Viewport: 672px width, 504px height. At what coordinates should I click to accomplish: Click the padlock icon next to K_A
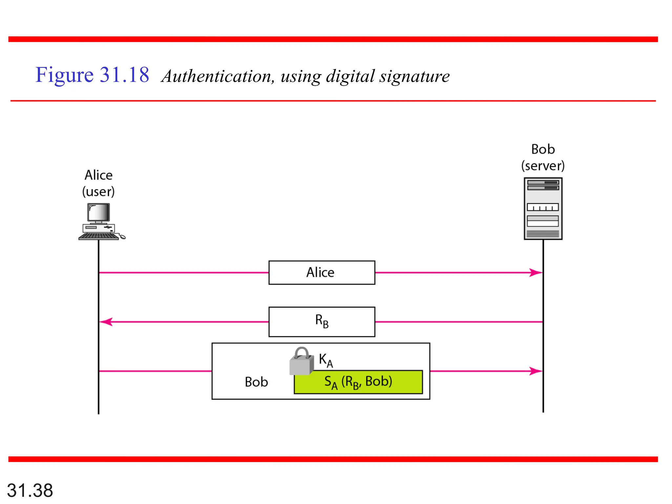click(301, 362)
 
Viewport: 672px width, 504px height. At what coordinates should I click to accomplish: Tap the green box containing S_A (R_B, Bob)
click(358, 382)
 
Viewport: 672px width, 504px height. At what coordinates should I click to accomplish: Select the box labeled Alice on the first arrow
click(322, 272)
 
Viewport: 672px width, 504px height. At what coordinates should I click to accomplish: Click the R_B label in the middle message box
click(322, 321)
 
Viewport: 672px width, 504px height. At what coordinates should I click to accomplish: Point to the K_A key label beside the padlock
click(326, 360)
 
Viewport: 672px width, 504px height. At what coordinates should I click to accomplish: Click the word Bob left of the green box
click(256, 382)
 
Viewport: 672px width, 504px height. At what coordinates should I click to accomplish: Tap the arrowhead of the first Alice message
click(535, 272)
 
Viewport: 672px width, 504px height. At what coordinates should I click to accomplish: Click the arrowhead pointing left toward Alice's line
click(106, 322)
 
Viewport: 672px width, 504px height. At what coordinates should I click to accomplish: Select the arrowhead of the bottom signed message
click(535, 371)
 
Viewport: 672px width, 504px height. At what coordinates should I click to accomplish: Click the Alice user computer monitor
click(99, 212)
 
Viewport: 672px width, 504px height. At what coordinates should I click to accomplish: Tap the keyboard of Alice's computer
click(98, 237)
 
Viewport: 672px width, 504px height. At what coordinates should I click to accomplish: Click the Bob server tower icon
click(543, 209)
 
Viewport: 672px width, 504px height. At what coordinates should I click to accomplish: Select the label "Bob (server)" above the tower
click(543, 157)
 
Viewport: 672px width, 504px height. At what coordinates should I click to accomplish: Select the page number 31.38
click(30, 490)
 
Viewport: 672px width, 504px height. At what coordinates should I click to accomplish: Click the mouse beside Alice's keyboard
click(122, 237)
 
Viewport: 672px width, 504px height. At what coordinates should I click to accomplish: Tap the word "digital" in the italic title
click(350, 76)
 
